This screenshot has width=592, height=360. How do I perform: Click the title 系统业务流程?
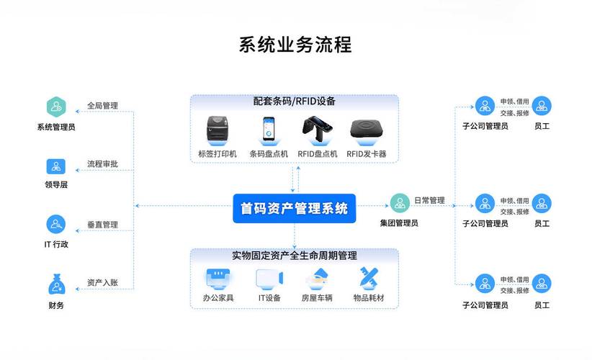pyautogui.click(x=295, y=45)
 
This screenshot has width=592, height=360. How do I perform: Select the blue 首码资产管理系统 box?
pyautogui.click(x=295, y=209)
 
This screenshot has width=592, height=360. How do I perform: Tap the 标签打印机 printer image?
pyautogui.click(x=217, y=130)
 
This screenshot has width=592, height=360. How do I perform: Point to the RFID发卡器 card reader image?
pyautogui.click(x=366, y=130)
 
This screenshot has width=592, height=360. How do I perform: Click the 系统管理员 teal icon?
pyautogui.click(x=56, y=107)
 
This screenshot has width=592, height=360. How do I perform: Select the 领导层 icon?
pyautogui.click(x=56, y=166)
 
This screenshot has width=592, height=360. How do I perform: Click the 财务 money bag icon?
pyautogui.click(x=56, y=284)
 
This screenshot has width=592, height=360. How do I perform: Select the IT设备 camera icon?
pyautogui.click(x=269, y=278)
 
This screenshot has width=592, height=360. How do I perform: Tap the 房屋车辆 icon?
pyautogui.click(x=317, y=278)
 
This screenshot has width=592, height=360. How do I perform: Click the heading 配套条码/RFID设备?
pyautogui.click(x=294, y=102)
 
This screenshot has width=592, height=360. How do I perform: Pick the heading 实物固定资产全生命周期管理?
pyautogui.click(x=294, y=255)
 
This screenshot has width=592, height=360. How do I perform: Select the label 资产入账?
pyautogui.click(x=102, y=282)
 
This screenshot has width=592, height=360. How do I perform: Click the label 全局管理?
pyautogui.click(x=102, y=106)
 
